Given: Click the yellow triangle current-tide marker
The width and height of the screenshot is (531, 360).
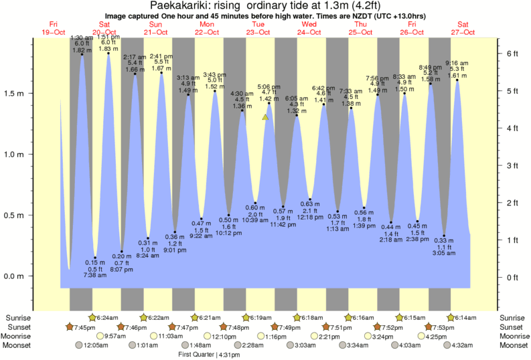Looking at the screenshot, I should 266,117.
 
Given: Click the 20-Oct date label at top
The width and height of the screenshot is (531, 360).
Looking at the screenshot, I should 105,32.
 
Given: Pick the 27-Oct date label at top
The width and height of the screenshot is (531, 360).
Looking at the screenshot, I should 463,32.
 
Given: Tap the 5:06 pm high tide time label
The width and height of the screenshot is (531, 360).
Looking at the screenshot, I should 269,87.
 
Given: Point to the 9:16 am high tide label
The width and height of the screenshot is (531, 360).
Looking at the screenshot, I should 457,63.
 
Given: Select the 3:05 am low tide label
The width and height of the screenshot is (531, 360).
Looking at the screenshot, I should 443,254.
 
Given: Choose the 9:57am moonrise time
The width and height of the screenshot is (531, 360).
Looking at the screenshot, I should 116,336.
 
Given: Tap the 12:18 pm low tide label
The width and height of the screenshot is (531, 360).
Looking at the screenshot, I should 310,218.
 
